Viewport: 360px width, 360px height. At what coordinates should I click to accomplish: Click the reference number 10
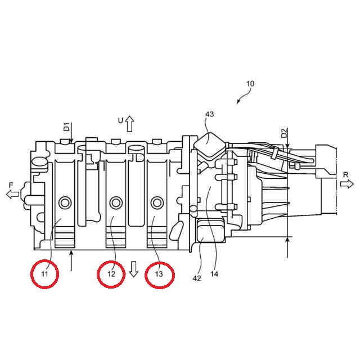click(x=250, y=84)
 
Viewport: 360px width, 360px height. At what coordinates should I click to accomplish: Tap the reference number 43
click(x=209, y=114)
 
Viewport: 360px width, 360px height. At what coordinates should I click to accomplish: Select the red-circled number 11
click(x=44, y=274)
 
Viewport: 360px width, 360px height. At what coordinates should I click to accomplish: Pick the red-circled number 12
click(x=111, y=274)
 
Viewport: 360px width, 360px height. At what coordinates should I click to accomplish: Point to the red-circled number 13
click(x=159, y=274)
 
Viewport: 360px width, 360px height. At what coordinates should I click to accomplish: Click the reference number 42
click(x=197, y=278)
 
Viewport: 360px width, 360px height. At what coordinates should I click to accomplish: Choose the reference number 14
click(x=214, y=274)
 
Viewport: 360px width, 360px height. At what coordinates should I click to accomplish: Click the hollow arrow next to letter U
click(x=130, y=124)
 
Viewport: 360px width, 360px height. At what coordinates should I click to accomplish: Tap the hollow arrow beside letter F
click(x=12, y=194)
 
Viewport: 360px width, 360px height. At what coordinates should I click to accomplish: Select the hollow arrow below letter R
click(x=346, y=184)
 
